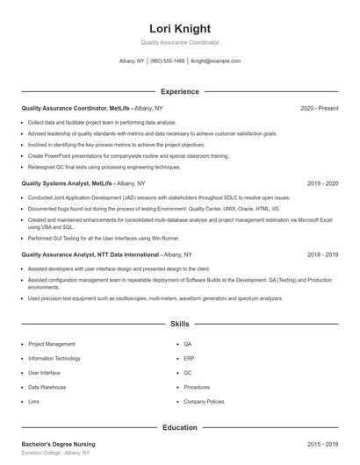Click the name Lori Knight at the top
point(180,28)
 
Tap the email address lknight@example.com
point(215,61)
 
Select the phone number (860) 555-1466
point(168,61)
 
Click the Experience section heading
point(180,91)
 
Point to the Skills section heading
point(180,324)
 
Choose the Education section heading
point(180,427)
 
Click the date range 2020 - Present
point(319,108)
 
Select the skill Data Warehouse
point(47,387)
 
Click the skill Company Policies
point(203,401)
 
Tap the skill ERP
point(189,359)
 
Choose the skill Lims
point(33,401)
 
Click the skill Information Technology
point(54,359)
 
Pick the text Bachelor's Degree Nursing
point(58,445)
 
